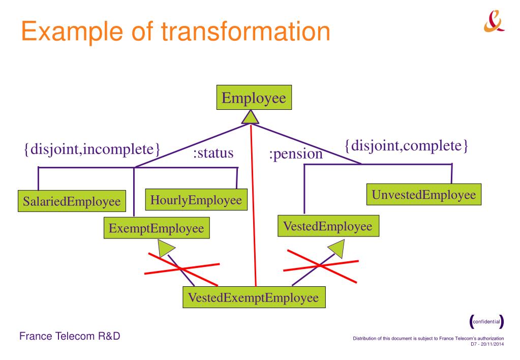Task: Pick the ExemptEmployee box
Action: pos(157,228)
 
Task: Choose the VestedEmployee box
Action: pos(328,226)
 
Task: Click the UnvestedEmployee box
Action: pos(424,195)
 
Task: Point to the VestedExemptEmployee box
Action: pos(254,297)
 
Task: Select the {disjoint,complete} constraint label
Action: pos(406,147)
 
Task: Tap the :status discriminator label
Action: pos(213,153)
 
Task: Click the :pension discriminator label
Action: pos(295,154)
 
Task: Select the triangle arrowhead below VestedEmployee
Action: pos(338,249)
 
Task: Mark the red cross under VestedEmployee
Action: pos(320,265)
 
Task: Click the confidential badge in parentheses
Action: pos(487,321)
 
